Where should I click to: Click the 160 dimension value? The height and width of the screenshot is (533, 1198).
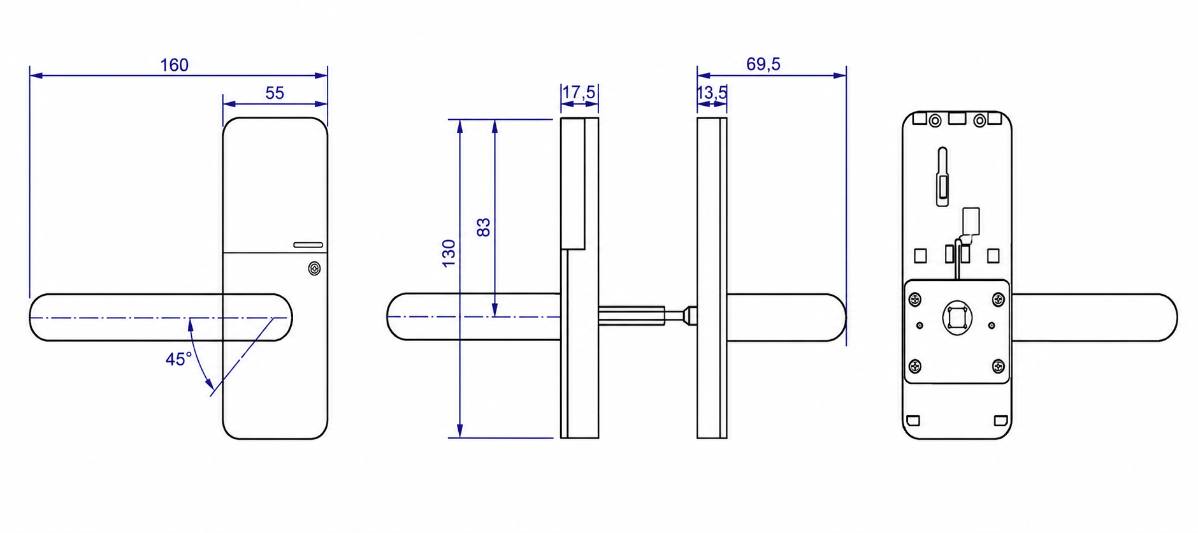(x=174, y=65)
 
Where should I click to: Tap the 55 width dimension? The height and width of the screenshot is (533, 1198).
(x=275, y=93)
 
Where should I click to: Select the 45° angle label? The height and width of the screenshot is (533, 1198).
(x=178, y=360)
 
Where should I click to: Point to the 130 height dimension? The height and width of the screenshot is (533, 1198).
(x=449, y=253)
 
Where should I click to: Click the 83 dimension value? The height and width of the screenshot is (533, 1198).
(x=484, y=228)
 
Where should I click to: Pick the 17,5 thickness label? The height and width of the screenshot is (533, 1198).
(x=579, y=93)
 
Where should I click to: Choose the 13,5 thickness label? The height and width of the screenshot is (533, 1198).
(x=712, y=93)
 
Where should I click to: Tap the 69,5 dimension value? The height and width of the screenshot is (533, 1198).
(x=763, y=64)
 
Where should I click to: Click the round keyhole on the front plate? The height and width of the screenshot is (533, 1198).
(x=314, y=269)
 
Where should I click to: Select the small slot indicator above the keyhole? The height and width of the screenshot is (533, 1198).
(x=308, y=245)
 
